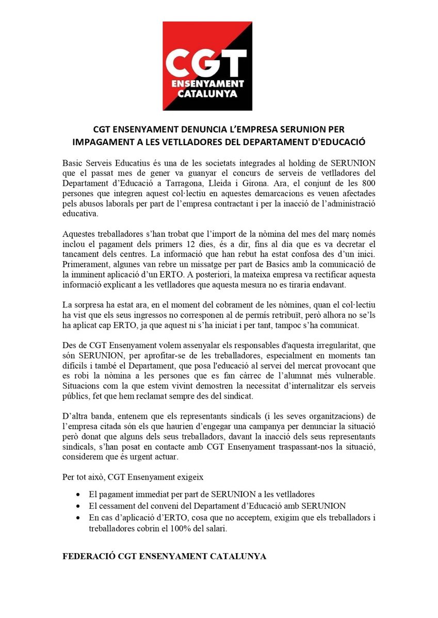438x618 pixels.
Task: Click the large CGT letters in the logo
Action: [205, 62]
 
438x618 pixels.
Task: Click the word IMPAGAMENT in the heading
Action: [103, 141]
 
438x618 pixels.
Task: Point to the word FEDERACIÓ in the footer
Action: [88, 557]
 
